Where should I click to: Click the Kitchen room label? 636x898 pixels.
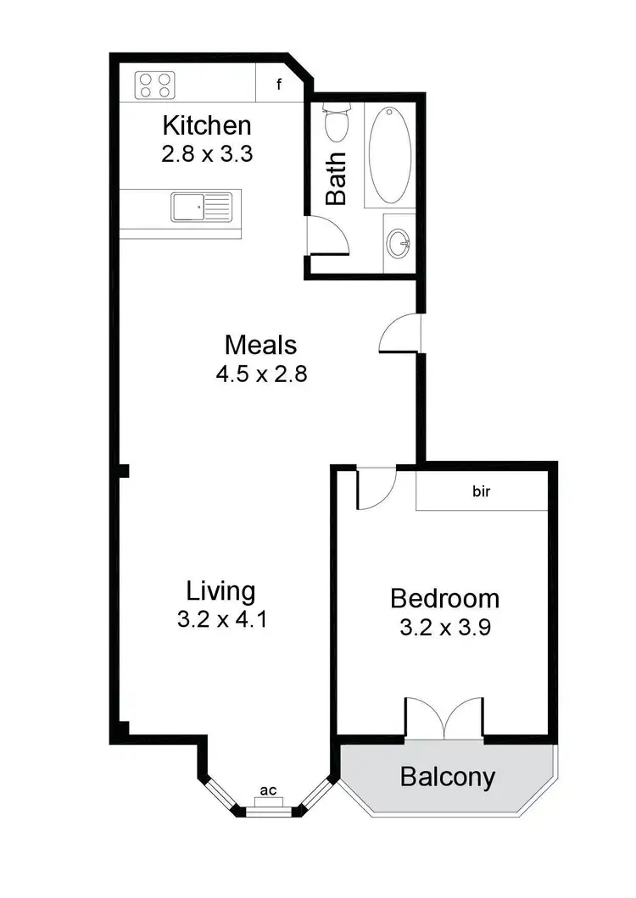[x=207, y=126]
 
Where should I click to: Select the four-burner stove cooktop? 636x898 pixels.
[x=155, y=85]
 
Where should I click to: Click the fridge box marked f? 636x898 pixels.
[x=279, y=85]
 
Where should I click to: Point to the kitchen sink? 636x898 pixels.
[x=201, y=207]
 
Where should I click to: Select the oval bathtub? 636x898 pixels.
[x=391, y=154]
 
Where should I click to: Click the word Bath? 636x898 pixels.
[x=337, y=178]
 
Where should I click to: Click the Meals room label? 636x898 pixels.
[x=260, y=345]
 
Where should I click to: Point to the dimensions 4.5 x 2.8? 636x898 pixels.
[x=260, y=373]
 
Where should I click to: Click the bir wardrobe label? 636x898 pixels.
[x=482, y=491]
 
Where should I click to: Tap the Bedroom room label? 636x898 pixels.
[x=444, y=598]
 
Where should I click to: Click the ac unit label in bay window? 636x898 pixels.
[x=269, y=790]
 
